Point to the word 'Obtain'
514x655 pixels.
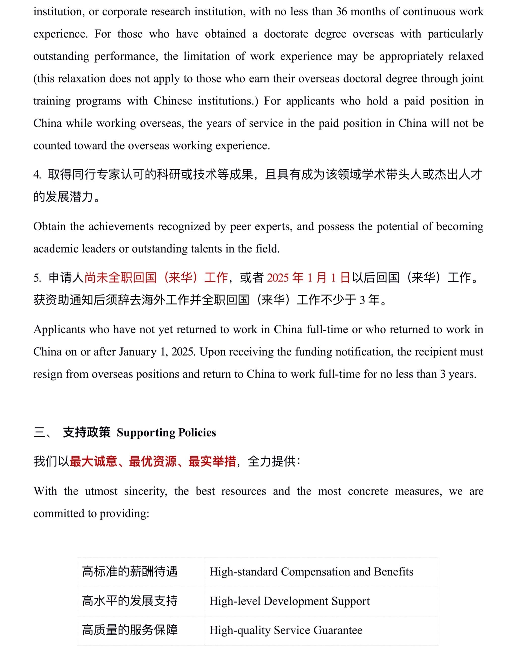(49, 226)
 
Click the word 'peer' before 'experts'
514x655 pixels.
(240, 226)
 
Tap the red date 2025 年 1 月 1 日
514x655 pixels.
(309, 278)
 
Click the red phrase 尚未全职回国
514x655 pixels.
(120, 278)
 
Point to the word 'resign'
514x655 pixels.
(47, 374)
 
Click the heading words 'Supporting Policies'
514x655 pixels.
(166, 433)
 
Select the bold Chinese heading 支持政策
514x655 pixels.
(87, 433)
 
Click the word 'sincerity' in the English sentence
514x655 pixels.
(146, 491)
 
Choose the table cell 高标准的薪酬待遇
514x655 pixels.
(130, 572)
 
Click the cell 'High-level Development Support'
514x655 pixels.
(290, 601)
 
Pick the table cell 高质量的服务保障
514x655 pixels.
(130, 630)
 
